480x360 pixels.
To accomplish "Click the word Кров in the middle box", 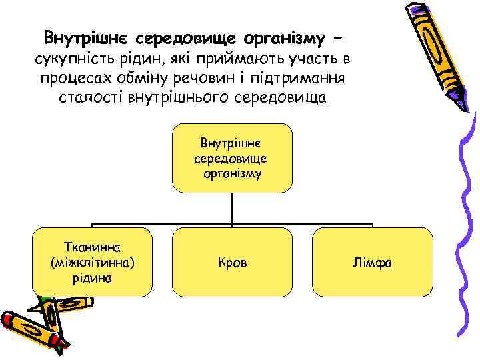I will coord(232,263).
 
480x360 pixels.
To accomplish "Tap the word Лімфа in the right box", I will coord(373,263).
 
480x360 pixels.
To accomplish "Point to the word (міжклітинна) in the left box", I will coord(92,263).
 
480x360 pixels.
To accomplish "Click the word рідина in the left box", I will coord(92,277).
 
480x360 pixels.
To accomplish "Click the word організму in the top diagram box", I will coord(232,173).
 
